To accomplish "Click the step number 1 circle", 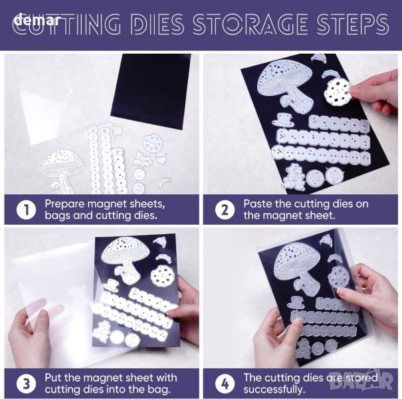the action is point(26,210).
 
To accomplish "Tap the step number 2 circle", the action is point(225,210).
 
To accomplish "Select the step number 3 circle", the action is point(26,384).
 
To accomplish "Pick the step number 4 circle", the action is point(225,384).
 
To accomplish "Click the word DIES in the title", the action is point(157,23).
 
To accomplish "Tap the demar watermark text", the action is point(38,19).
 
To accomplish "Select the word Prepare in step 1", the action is point(64,204).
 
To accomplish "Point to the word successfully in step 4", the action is point(274,390).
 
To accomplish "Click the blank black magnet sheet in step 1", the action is point(151,89).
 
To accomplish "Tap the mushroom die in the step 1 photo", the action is point(61,171).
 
